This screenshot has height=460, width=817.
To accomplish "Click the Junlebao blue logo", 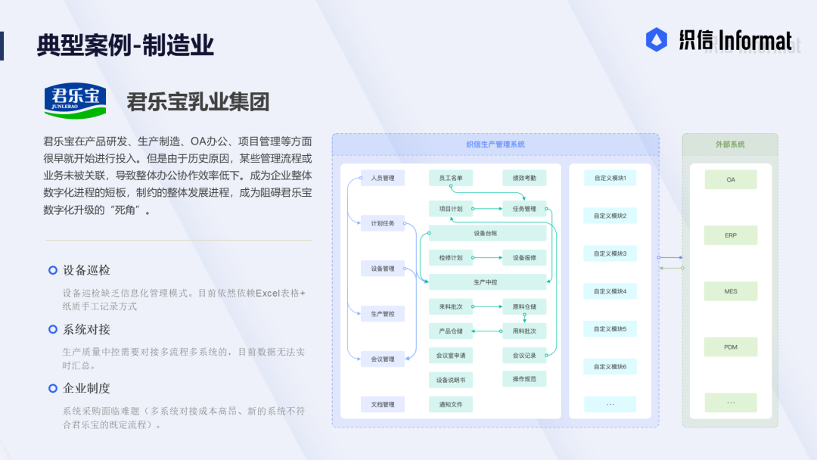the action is point(75,101).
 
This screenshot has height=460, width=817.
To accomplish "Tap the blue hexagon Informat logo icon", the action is point(656,39).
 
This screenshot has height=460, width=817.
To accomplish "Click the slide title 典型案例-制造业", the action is point(125,45).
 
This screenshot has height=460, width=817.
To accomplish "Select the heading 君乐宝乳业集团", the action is point(198,101).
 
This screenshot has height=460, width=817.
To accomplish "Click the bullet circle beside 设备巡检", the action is point(53,270).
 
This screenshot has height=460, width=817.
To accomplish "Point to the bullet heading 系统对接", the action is point(86,329).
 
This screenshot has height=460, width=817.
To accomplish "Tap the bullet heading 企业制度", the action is point(86,388).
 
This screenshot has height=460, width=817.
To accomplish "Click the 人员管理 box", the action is point(383,178).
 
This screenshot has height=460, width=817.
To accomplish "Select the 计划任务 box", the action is point(383,223).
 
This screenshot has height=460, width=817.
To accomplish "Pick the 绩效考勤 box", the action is point(524,178).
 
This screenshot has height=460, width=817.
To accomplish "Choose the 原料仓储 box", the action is point(524,307).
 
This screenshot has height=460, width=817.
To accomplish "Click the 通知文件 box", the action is point(451,404).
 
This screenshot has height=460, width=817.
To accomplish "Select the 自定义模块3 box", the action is point(610,253).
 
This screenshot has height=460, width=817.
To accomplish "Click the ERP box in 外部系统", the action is point(731,235).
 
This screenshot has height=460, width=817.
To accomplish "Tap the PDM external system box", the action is point(731,347).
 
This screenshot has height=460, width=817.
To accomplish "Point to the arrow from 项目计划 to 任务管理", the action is point(488,209).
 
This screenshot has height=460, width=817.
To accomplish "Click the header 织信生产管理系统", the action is point(495,145).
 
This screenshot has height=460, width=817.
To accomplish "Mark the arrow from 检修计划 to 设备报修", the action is point(488,258).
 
